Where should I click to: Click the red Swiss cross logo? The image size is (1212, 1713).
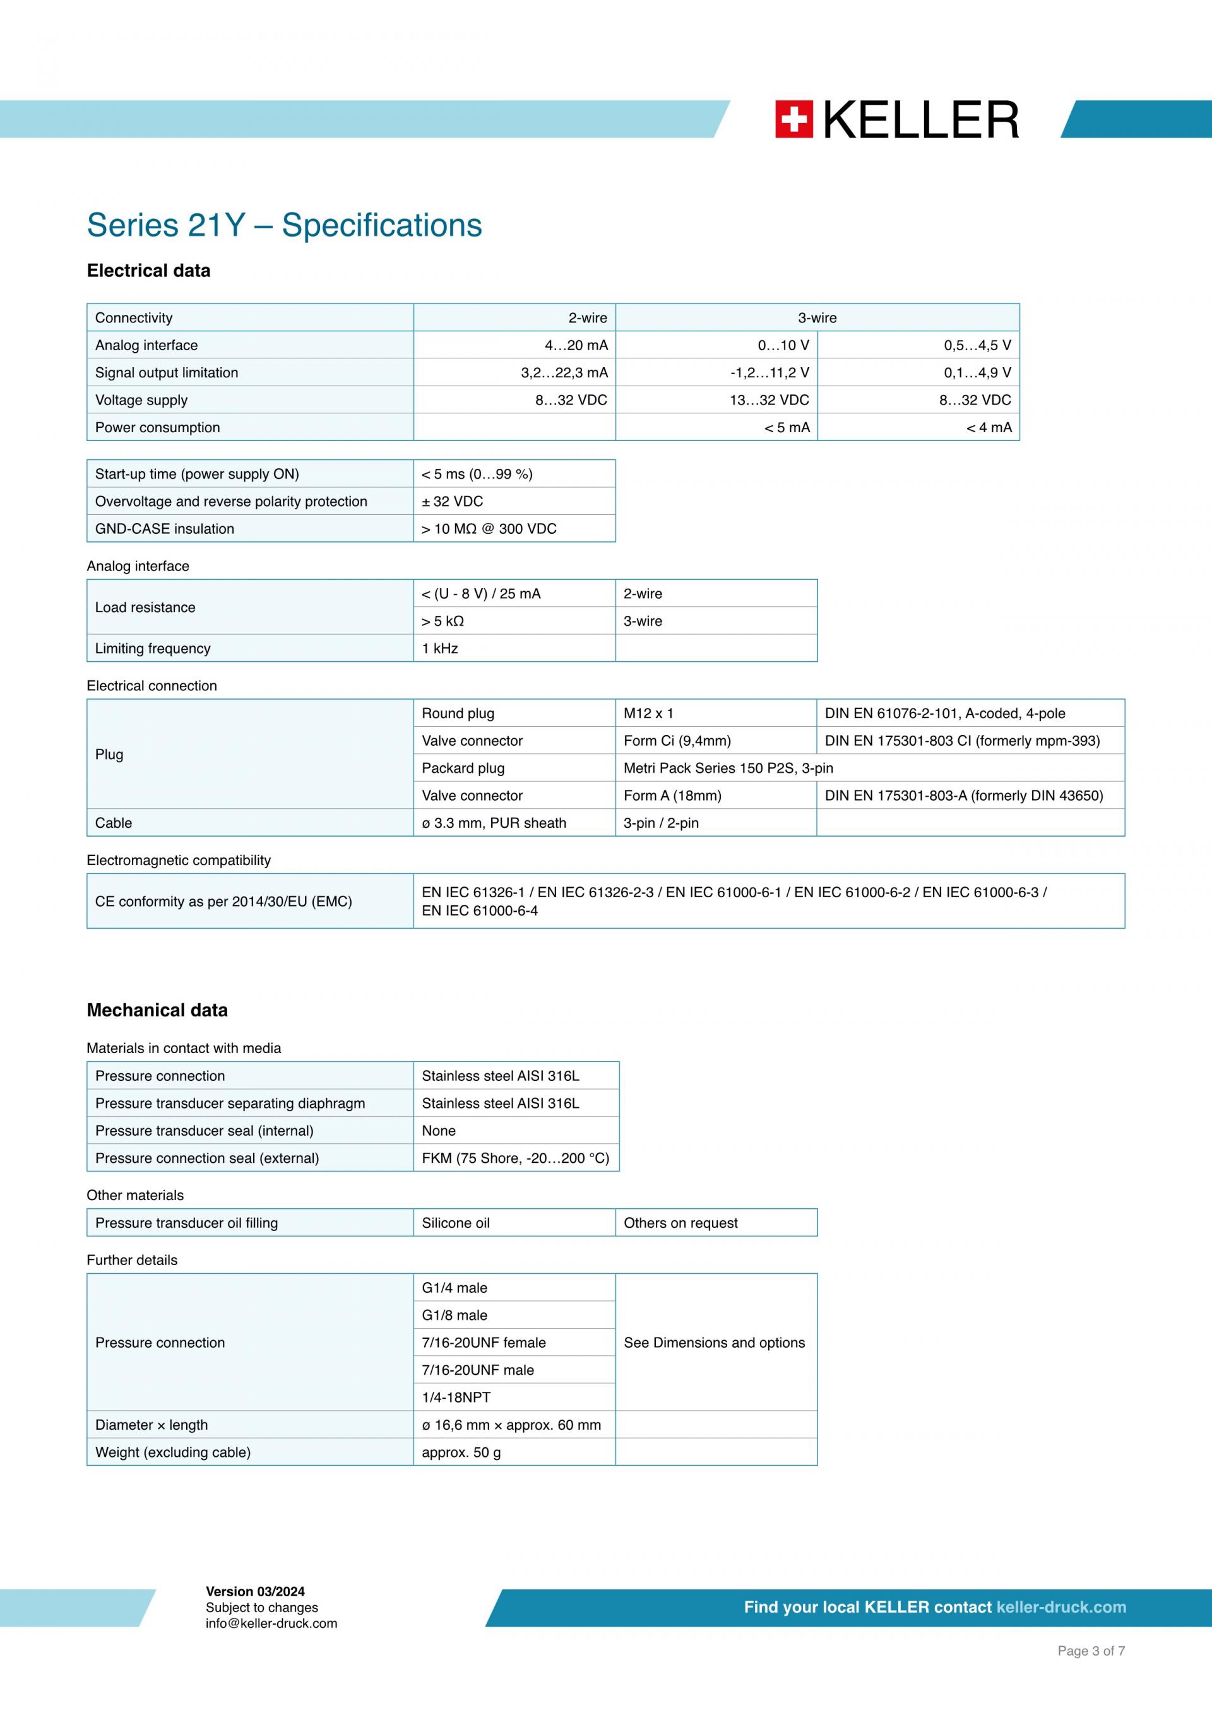(793, 119)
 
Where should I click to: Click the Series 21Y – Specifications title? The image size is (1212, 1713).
(284, 225)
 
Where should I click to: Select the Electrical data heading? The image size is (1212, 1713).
(148, 271)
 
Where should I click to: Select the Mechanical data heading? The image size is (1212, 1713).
(157, 1010)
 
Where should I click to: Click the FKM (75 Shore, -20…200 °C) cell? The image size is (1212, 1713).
(515, 1158)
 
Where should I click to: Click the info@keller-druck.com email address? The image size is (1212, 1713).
(271, 1623)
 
